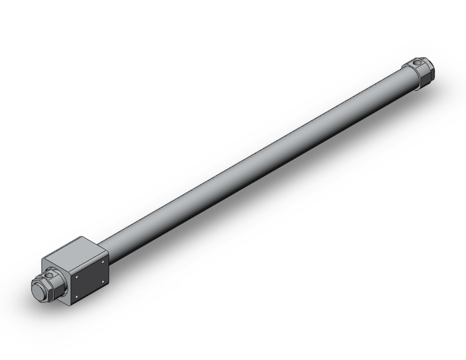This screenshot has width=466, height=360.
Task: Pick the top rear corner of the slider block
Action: (x=81, y=236)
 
